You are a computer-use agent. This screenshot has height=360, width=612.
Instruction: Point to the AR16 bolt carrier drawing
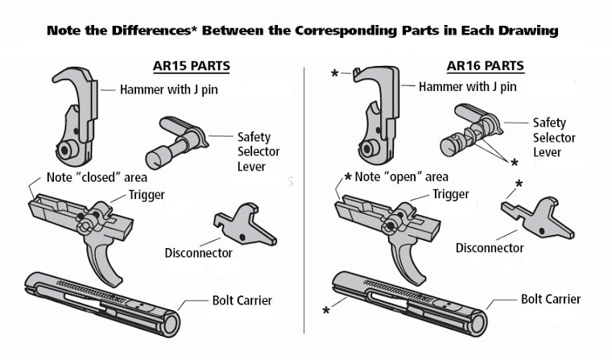click(x=407, y=300)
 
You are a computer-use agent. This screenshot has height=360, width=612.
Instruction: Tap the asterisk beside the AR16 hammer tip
click(x=333, y=73)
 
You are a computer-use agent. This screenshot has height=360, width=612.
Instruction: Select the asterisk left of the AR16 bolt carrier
click(x=325, y=309)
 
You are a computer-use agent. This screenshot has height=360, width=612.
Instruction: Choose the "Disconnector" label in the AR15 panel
click(x=198, y=253)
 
